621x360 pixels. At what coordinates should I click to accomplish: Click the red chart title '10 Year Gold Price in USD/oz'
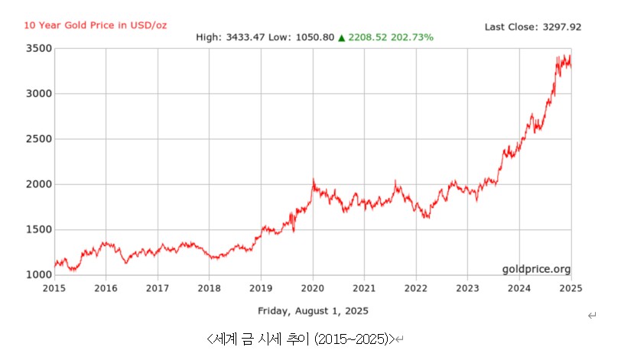point(95,25)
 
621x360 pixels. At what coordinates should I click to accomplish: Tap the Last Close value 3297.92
point(563,27)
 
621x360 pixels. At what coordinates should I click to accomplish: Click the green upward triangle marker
point(341,37)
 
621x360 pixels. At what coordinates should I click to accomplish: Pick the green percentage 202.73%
point(412,37)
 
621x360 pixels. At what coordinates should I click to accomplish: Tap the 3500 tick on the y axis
point(39,49)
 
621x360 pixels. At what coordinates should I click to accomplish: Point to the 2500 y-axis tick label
point(39,139)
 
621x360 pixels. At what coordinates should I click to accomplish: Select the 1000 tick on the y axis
point(39,274)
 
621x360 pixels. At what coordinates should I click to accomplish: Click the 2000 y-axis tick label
point(39,184)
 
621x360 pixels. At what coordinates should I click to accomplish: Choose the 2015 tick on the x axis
point(54,288)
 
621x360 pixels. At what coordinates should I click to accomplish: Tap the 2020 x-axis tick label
point(313,288)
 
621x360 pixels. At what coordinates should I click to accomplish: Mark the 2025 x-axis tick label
point(571,288)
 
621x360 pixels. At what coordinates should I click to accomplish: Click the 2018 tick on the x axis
point(209,288)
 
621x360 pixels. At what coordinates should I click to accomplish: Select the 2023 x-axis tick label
point(467,288)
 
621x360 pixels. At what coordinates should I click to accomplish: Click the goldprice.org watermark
point(536,269)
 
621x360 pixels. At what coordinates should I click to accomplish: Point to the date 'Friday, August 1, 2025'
point(313,310)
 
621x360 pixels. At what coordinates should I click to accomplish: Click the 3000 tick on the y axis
point(39,94)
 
